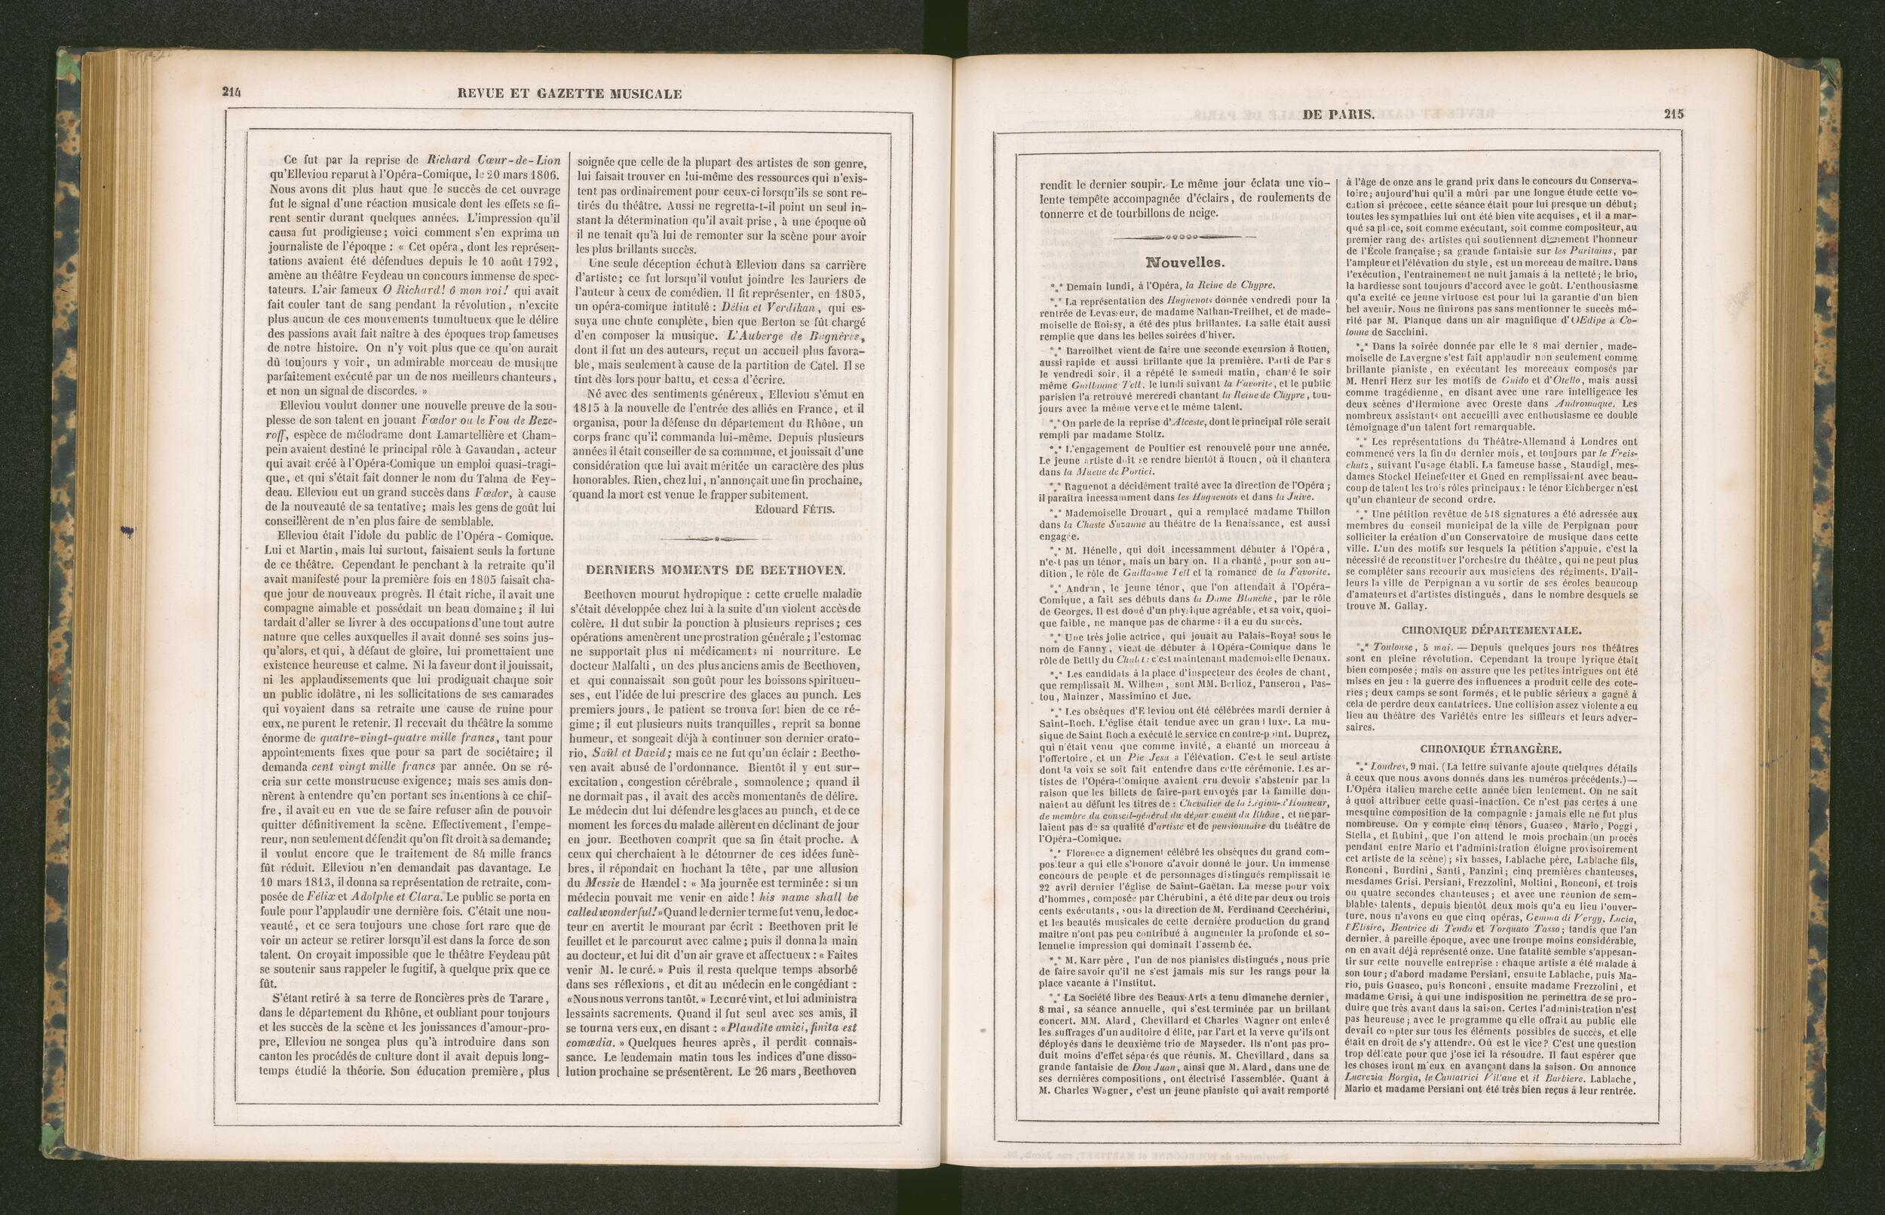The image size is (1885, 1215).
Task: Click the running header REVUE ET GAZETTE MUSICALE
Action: point(569,93)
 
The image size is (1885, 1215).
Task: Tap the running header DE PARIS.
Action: point(1338,115)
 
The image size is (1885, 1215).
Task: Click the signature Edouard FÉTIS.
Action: point(793,510)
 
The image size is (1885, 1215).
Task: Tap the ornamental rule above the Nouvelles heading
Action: point(1185,236)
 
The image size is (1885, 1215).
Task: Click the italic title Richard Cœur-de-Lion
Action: point(483,161)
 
